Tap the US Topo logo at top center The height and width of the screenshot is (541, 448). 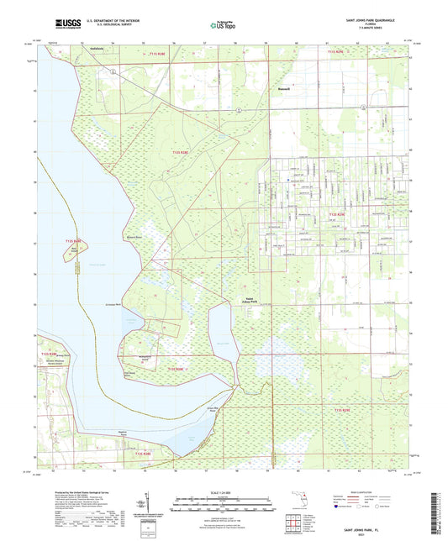click(x=218, y=26)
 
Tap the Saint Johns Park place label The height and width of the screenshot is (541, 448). click(x=251, y=298)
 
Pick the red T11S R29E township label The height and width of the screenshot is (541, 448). click(x=337, y=53)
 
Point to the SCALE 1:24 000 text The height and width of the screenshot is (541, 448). click(x=224, y=491)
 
